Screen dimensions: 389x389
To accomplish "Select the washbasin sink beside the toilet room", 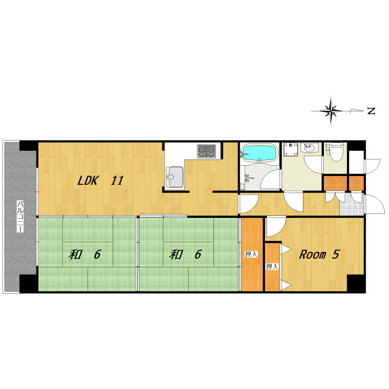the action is [x=309, y=148].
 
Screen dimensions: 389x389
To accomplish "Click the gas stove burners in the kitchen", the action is [x=206, y=151].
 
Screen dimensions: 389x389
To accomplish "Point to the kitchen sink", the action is [x=175, y=177].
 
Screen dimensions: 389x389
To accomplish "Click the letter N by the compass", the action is [x=371, y=111].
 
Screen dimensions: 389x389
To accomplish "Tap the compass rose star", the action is [x=331, y=111].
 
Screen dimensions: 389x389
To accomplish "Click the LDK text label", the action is [x=88, y=180].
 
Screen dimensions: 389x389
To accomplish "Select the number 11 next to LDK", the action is [x=117, y=180].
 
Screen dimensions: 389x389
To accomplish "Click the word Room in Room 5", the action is [x=313, y=254].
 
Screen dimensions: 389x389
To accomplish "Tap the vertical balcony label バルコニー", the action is [x=20, y=216].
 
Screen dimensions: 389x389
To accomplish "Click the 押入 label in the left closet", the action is [x=251, y=254].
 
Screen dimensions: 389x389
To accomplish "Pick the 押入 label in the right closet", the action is [x=272, y=266].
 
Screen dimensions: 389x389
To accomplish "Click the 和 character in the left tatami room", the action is [x=75, y=254].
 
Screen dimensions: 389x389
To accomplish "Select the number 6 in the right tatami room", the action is [x=198, y=254].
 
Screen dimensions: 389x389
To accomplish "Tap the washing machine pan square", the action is [x=290, y=149].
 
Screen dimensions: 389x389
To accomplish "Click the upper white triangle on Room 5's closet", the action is [x=285, y=249].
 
